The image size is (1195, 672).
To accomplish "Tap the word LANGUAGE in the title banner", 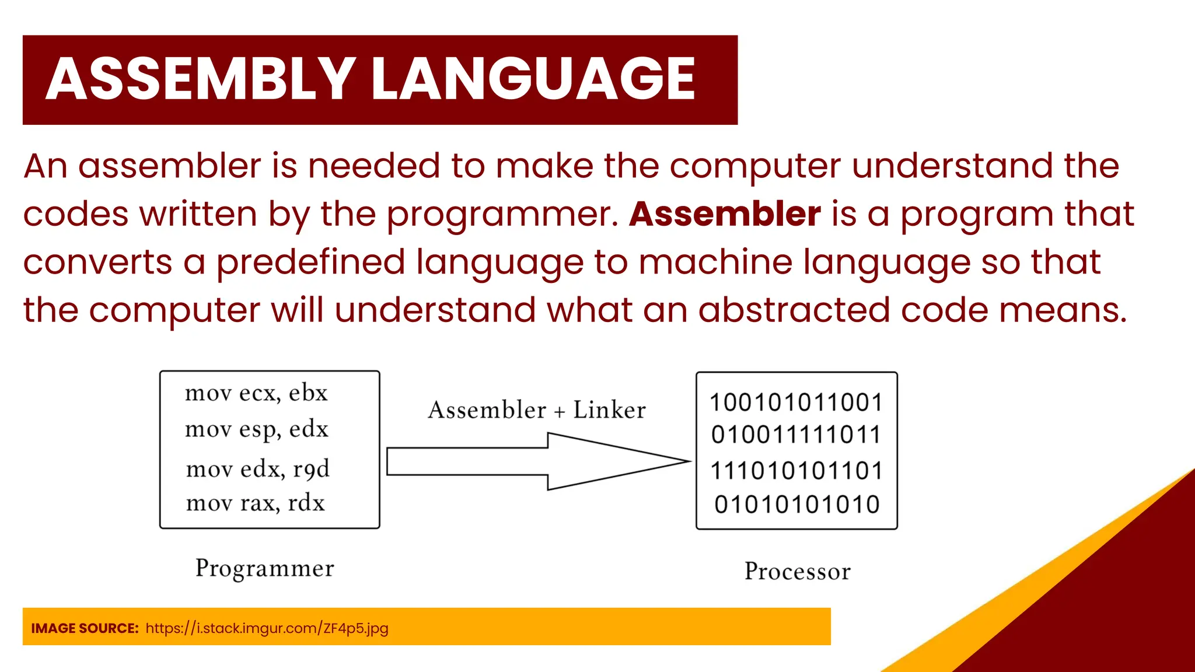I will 532,79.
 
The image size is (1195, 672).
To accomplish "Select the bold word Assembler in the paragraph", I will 725,214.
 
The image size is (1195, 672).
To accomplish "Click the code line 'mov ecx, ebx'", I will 256,393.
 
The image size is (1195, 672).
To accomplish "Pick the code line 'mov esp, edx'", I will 257,429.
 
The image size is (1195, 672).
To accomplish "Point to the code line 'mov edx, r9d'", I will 257,468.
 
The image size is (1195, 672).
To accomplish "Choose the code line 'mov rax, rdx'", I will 255,503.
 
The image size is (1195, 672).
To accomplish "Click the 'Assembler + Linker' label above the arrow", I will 536,410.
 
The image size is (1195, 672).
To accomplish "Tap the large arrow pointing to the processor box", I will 537,461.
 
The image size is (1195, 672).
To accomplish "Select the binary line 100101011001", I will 796,402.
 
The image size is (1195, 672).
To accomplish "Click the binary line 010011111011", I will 796,435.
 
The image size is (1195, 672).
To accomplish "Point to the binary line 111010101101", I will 796,471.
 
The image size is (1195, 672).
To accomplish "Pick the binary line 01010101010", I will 796,505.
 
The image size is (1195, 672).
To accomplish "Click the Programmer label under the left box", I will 264,569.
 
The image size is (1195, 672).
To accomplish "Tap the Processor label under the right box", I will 797,571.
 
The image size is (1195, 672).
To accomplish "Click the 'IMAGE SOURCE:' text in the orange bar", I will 85,628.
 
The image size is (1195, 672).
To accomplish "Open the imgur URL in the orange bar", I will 267,628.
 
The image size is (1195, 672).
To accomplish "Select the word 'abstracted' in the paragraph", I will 794,310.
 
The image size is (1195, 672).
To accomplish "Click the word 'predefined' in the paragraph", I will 310,262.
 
